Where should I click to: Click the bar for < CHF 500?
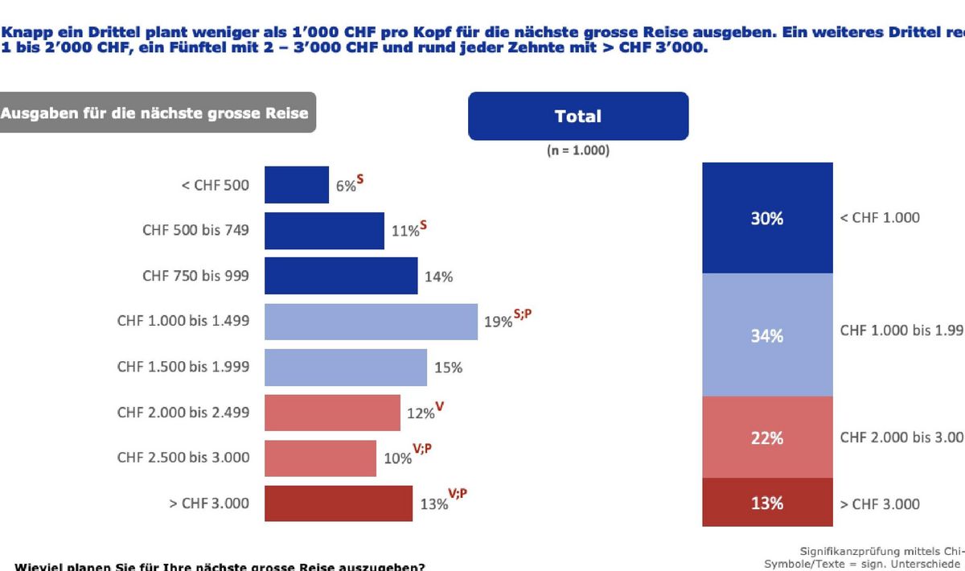(297, 185)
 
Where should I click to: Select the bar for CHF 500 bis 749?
(324, 231)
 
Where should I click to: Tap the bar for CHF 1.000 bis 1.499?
(371, 322)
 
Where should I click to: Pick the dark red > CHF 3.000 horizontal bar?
(339, 503)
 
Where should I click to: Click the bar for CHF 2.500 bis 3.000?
(320, 458)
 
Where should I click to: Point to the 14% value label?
(438, 277)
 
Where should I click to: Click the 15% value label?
(448, 368)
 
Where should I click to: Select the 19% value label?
(498, 322)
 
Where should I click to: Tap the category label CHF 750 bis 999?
(195, 276)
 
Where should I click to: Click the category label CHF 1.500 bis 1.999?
(183, 367)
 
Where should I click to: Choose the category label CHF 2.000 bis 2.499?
(183, 413)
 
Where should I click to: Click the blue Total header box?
(578, 117)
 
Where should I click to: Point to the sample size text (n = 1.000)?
(578, 150)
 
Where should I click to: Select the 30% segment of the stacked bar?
(767, 218)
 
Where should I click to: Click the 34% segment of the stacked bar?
(767, 335)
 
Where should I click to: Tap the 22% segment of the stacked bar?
(767, 437)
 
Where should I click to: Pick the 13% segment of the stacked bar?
(767, 503)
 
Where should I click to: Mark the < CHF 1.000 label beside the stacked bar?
(880, 218)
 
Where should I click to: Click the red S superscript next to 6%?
(360, 180)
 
